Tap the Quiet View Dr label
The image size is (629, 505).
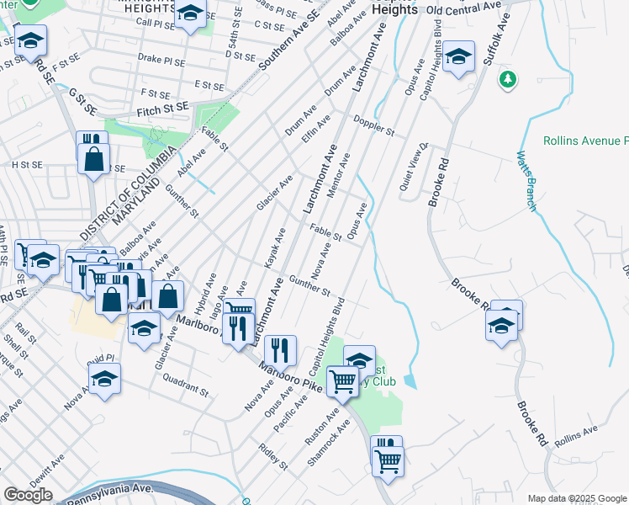tap(414, 160)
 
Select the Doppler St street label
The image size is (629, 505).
tap(373, 125)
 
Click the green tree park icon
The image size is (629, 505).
tap(506, 80)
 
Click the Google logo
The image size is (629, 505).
tap(28, 495)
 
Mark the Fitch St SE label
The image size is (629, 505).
tap(161, 110)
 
